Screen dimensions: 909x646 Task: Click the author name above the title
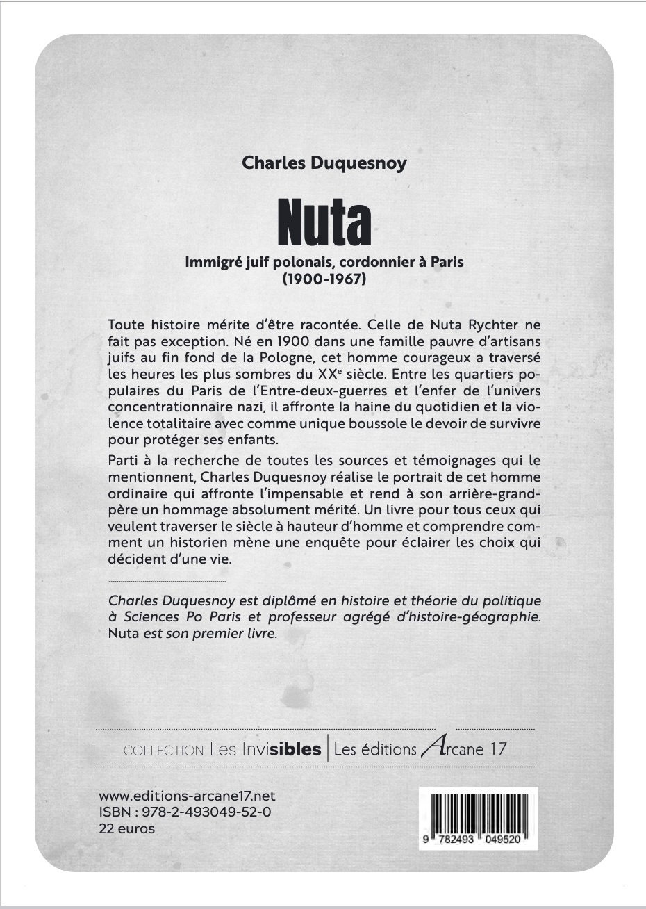324,163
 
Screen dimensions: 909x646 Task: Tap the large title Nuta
324,222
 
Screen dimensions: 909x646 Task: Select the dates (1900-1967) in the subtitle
324,280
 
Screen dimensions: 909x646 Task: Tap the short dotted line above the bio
167,580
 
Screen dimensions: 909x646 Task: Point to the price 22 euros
127,828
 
